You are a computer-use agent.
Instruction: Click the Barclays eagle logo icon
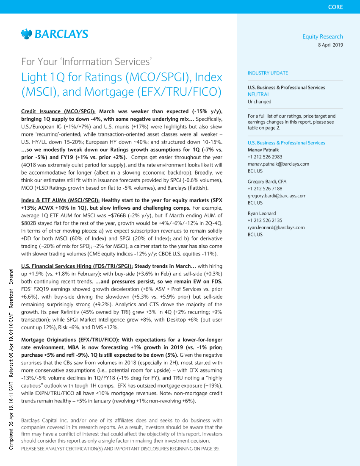click(26, 34)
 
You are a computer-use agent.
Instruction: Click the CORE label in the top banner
click(335, 7)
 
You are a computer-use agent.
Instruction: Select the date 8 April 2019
click(330, 45)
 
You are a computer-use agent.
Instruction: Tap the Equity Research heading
click(322, 36)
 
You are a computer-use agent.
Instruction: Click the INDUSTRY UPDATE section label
click(268, 73)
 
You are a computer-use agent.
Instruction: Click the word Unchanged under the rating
click(259, 102)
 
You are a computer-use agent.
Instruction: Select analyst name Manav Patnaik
click(263, 150)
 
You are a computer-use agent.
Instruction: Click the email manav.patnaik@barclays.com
click(278, 164)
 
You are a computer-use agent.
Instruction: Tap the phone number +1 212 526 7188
click(265, 189)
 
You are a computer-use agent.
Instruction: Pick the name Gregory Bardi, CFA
click(267, 181)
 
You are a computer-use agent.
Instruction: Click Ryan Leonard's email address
click(276, 227)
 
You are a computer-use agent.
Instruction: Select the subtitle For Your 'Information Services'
click(86, 62)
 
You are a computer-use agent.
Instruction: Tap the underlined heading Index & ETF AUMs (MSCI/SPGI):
click(60, 200)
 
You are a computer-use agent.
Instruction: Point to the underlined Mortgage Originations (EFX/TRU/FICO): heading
click(70, 340)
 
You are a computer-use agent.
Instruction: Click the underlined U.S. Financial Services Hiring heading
click(77, 266)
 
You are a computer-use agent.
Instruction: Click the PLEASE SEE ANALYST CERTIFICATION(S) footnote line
click(120, 449)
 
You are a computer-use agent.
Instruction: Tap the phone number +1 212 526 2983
click(265, 157)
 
